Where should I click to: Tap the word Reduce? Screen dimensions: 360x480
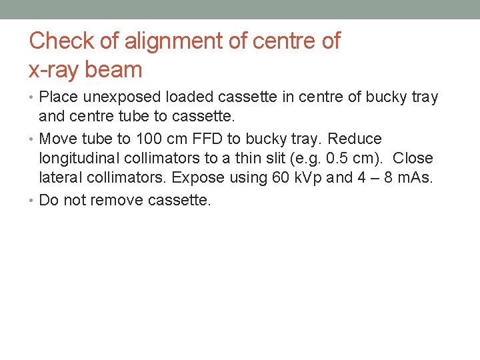coord(355,139)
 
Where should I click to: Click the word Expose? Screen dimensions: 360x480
coord(199,178)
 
